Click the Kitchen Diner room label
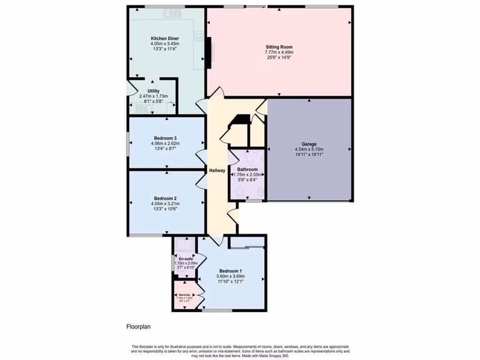click(x=165, y=38)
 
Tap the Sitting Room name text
click(x=279, y=47)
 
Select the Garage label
click(x=309, y=144)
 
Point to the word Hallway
click(x=217, y=171)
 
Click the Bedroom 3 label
click(x=165, y=138)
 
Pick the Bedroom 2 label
click(x=165, y=198)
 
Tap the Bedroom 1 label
click(x=231, y=271)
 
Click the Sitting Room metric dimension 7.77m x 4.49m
click(x=279, y=52)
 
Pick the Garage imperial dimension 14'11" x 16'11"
click(x=309, y=154)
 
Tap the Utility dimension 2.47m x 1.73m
click(x=153, y=96)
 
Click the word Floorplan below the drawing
click(x=138, y=326)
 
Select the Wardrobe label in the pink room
click(x=184, y=295)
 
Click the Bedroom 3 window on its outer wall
click(x=128, y=142)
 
